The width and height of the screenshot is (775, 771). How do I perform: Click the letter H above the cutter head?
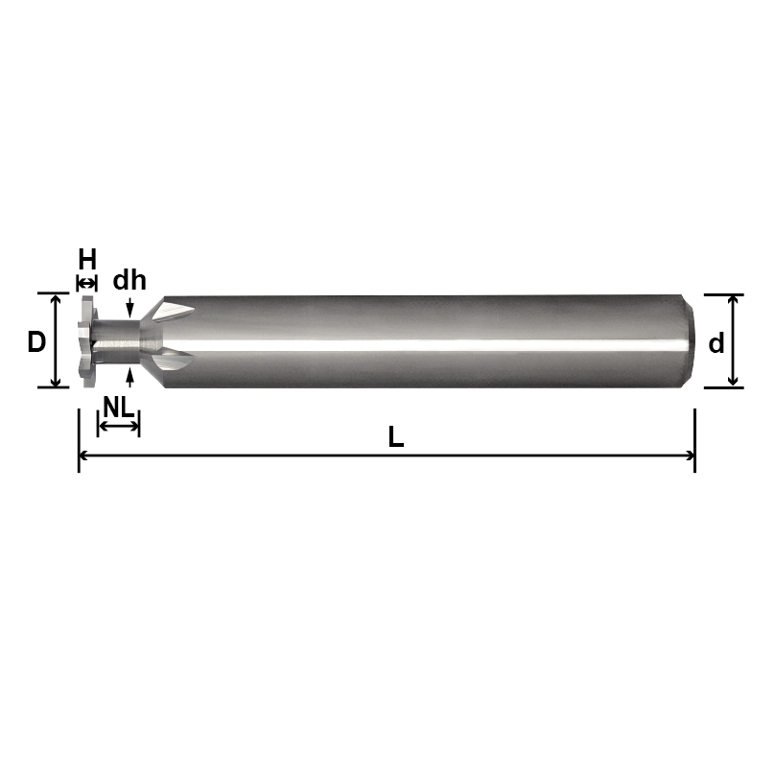(x=87, y=259)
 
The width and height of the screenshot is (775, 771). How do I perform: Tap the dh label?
(x=129, y=281)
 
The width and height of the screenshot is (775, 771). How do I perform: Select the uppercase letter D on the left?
(x=36, y=341)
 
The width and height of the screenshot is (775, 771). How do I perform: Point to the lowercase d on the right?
(x=716, y=343)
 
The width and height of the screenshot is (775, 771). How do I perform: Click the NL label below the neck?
(x=118, y=407)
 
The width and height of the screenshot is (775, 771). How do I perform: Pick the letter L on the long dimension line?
(x=395, y=437)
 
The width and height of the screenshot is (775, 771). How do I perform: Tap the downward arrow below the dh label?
(x=129, y=305)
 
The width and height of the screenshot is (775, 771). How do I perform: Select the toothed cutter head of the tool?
(x=86, y=340)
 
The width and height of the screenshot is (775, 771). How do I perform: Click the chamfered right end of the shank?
(x=688, y=340)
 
